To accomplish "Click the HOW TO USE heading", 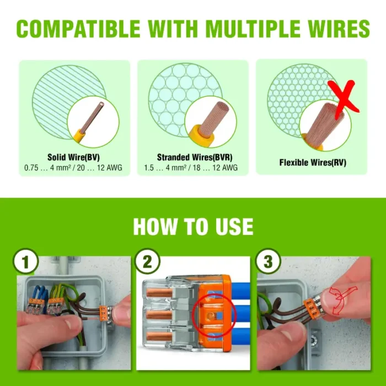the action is coord(193,227).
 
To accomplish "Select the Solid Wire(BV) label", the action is coord(73,157).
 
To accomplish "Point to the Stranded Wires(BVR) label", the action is coord(195,157).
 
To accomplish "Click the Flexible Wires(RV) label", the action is coord(313,163).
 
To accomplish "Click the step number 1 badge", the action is coord(25,261).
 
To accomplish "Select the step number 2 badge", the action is coord(147,261).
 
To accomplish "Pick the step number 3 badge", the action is coord(268,261).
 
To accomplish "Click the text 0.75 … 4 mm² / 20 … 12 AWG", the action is coord(73,168).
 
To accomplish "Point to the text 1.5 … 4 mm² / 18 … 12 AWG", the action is coord(191,168).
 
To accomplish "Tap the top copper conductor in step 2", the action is coord(159,292).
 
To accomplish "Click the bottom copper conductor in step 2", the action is coord(159,336).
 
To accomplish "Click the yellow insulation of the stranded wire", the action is coord(201,136).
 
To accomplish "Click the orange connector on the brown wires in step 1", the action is coord(104,314).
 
